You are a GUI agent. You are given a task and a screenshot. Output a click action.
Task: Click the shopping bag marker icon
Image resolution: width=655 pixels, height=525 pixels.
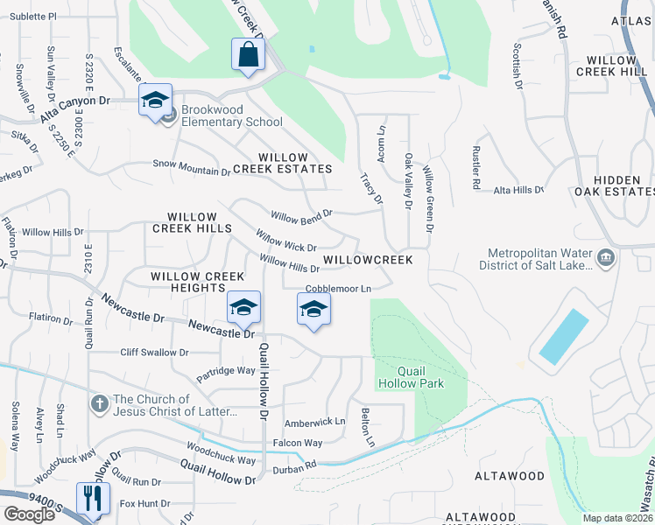click(249, 55)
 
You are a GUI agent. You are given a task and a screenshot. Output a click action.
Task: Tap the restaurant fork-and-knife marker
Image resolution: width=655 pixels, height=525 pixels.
click(91, 499)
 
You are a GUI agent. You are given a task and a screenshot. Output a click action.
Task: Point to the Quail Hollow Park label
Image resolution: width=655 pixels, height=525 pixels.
click(410, 377)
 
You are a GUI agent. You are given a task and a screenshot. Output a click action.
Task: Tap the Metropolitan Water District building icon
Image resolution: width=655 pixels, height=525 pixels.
click(605, 258)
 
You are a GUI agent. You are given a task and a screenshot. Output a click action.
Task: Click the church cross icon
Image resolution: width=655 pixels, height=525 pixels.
click(100, 404)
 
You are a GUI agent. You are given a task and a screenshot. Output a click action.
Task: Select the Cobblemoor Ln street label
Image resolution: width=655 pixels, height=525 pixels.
click(338, 289)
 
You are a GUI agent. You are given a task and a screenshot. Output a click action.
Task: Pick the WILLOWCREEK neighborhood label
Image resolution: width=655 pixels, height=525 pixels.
click(367, 260)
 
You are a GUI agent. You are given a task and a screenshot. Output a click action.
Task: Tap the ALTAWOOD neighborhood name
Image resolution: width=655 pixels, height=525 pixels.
click(509, 476)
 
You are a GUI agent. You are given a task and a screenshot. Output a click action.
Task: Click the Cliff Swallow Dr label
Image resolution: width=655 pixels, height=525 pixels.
click(154, 353)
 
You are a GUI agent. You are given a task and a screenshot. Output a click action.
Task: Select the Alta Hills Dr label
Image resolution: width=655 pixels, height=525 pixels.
click(518, 190)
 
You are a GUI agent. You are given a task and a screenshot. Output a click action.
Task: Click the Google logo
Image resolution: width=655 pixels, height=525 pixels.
click(29, 514)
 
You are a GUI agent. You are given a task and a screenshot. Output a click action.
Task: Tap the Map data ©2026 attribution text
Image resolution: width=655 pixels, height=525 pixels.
click(617, 518)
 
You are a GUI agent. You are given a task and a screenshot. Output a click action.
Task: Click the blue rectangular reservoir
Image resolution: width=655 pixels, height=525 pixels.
click(564, 337)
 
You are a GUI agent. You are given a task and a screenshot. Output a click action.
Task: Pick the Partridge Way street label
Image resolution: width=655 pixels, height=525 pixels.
click(226, 372)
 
